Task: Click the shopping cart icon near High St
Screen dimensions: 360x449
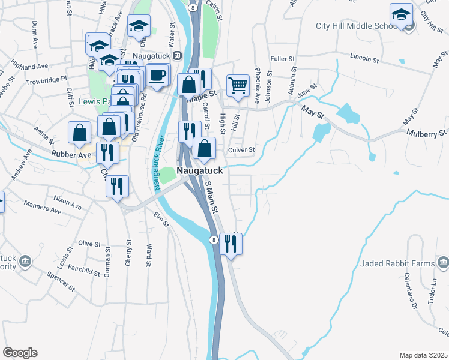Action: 238,86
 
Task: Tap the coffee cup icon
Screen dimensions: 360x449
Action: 158,76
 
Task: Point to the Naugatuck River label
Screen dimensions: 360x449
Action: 159,163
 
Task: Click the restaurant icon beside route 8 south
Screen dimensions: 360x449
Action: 230,244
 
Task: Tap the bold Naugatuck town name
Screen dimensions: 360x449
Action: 200,170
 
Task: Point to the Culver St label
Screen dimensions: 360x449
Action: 241,149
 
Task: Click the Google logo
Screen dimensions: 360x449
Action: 20,353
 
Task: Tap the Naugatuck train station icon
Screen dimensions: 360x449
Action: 178,55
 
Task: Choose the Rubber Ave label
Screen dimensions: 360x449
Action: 71,154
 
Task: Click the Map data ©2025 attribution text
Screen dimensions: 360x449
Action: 423,355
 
